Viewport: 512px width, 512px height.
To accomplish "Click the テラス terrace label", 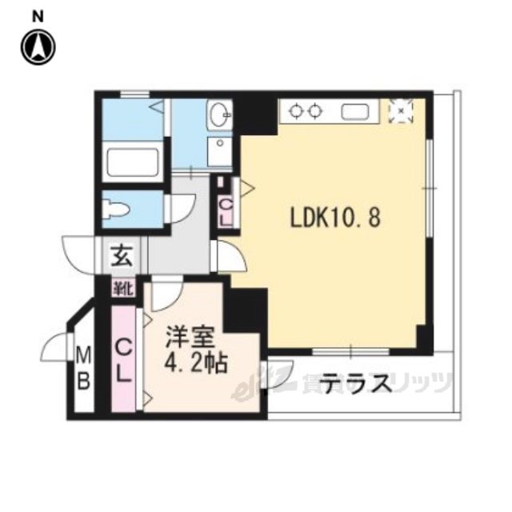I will pyautogui.click(x=356, y=385).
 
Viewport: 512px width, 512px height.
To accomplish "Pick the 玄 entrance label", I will pyautogui.click(x=121, y=257).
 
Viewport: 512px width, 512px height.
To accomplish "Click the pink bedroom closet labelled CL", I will pyautogui.click(x=125, y=360).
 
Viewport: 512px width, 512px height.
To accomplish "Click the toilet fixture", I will pyautogui.click(x=119, y=210).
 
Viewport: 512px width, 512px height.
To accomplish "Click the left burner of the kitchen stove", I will pyautogui.click(x=297, y=112).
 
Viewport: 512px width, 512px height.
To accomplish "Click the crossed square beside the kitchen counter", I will pyautogui.click(x=400, y=111).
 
